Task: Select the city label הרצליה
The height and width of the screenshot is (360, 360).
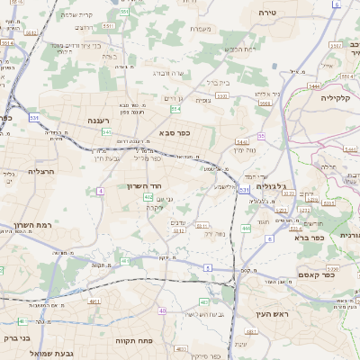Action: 42,171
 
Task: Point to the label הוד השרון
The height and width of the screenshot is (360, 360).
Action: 146,186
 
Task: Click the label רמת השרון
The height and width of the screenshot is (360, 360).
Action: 32,225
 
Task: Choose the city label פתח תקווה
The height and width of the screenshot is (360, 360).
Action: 136,342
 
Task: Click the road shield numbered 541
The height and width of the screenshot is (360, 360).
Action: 107,132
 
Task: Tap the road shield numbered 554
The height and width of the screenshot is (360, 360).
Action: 175,109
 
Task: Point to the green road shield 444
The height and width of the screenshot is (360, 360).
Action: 246,229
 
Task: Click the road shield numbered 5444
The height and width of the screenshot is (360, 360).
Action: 314,86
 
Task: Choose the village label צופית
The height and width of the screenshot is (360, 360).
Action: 204,100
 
